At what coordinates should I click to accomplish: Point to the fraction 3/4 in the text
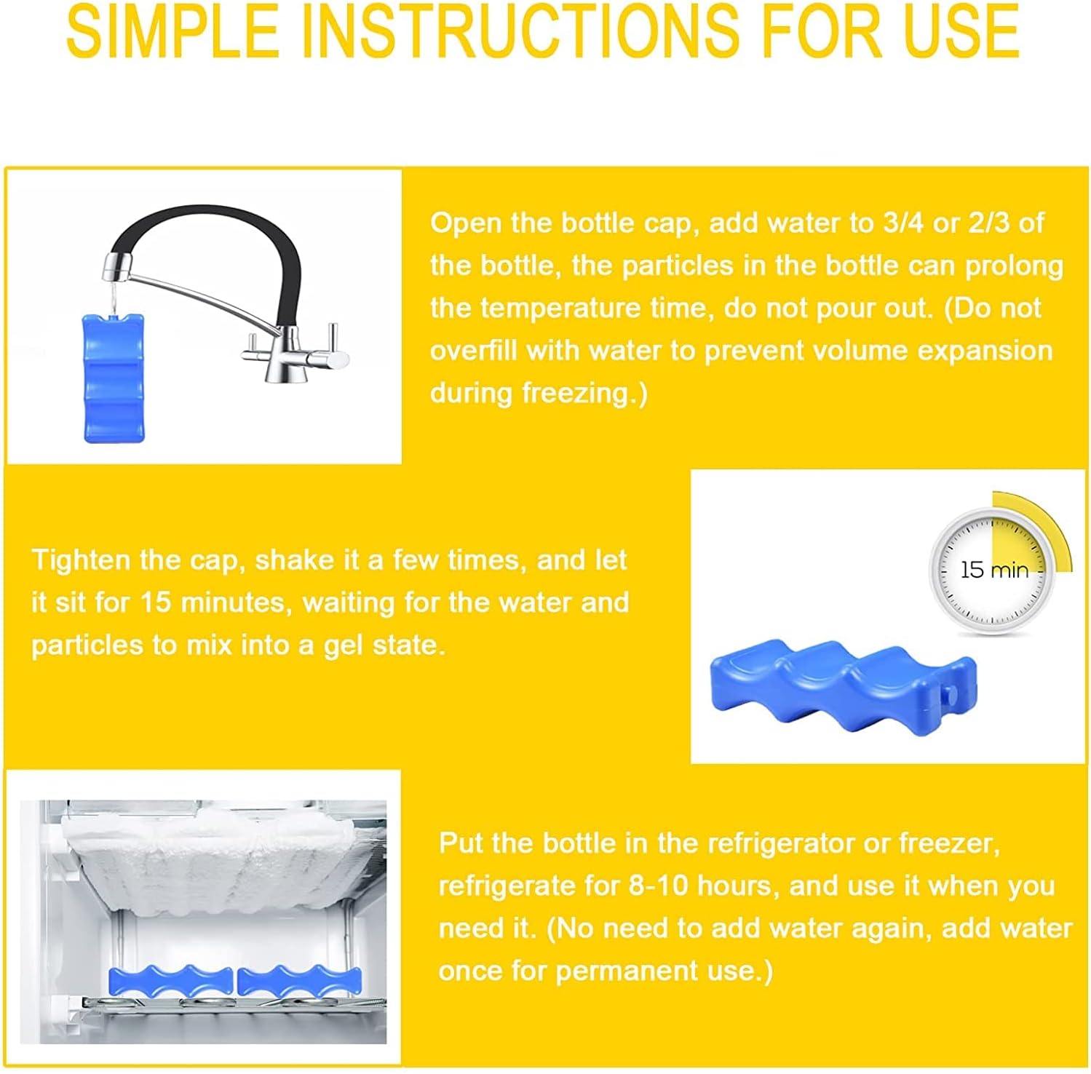903,223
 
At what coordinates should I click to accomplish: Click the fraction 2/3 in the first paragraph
989,223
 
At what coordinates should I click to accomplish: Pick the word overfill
473,351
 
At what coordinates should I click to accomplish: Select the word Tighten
81,561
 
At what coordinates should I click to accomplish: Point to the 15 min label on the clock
994,570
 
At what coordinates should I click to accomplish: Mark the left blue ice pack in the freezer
171,982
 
